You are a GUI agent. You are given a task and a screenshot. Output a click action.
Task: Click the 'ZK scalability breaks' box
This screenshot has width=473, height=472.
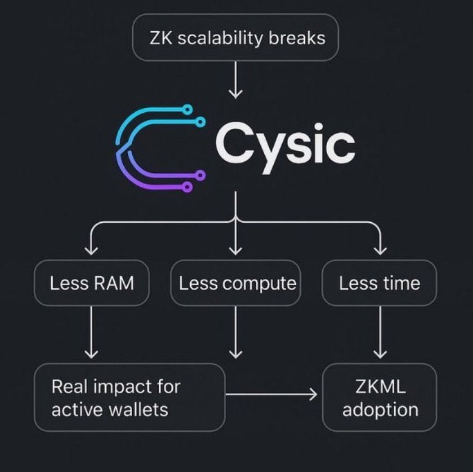pos(236,37)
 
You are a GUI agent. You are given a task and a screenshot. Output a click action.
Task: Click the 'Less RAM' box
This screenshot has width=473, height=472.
pos(91,283)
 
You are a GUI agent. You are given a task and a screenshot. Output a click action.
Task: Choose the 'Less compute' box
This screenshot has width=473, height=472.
pos(236,283)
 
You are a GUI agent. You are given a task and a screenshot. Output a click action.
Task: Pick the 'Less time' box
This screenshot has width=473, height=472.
pos(379,283)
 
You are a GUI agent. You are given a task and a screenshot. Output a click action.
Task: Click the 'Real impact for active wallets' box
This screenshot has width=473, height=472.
pos(130,397)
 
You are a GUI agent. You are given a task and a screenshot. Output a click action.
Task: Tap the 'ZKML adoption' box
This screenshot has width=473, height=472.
pos(380,397)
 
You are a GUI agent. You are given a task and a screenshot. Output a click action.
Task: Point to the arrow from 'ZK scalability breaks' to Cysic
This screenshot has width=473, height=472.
pos(236,80)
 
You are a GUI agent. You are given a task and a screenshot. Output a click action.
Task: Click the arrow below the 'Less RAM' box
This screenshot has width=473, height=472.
pos(91,332)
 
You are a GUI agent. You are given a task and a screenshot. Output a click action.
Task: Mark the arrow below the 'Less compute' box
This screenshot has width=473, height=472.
pos(236,332)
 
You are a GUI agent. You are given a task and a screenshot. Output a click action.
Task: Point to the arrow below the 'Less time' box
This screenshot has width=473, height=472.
pos(380,332)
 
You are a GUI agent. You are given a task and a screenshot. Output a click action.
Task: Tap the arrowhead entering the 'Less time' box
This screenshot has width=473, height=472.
pos(380,250)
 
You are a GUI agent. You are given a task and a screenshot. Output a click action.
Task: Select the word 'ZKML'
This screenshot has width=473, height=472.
pos(380,386)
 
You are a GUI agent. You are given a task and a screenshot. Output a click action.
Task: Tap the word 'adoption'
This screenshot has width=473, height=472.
pos(380,409)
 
